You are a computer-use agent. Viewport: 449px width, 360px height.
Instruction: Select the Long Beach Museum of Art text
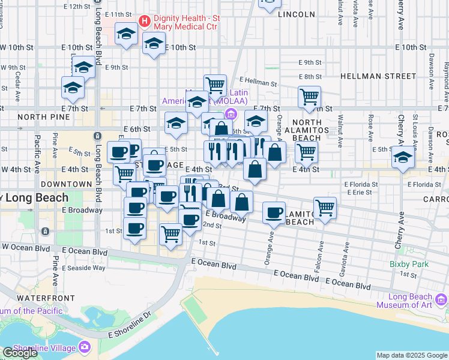pyautogui.click(x=410, y=301)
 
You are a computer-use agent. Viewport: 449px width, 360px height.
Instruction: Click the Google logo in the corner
pyautogui.click(x=20, y=353)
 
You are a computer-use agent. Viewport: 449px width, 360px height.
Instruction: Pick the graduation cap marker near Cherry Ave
pyautogui.click(x=403, y=158)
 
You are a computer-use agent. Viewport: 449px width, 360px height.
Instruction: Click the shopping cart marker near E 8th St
pyautogui.click(x=309, y=96)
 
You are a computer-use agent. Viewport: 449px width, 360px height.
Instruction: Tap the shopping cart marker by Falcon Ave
pyautogui.click(x=325, y=208)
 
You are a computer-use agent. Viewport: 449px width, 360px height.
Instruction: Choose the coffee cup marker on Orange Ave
pyautogui.click(x=274, y=212)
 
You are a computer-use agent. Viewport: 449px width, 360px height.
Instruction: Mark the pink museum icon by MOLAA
pyautogui.click(x=229, y=114)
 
